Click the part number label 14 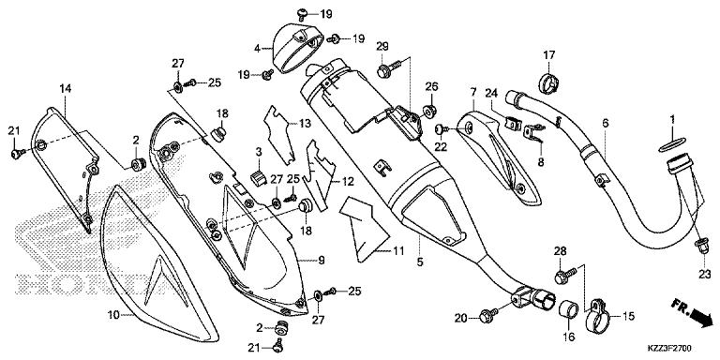(66, 88)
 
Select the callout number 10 (114, 316)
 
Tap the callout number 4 (255, 47)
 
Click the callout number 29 (382, 48)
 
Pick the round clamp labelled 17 (550, 80)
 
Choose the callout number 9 (321, 260)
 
